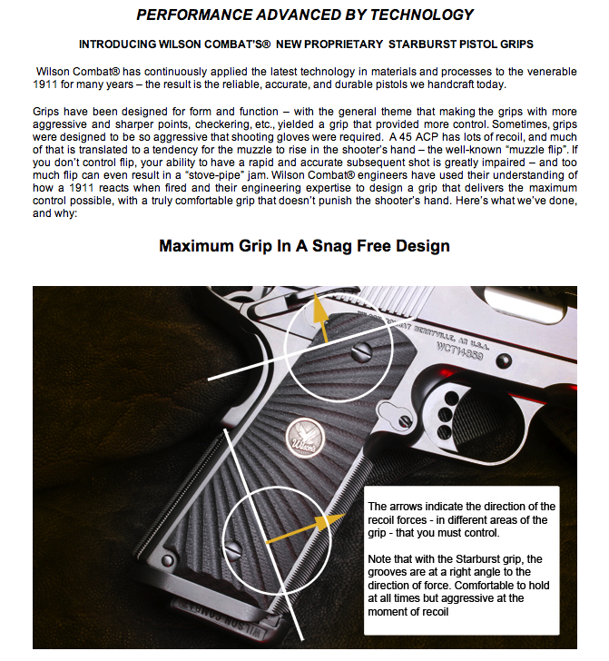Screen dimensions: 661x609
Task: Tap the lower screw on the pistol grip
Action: (x=232, y=547)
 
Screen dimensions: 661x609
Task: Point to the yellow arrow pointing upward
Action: (x=318, y=314)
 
